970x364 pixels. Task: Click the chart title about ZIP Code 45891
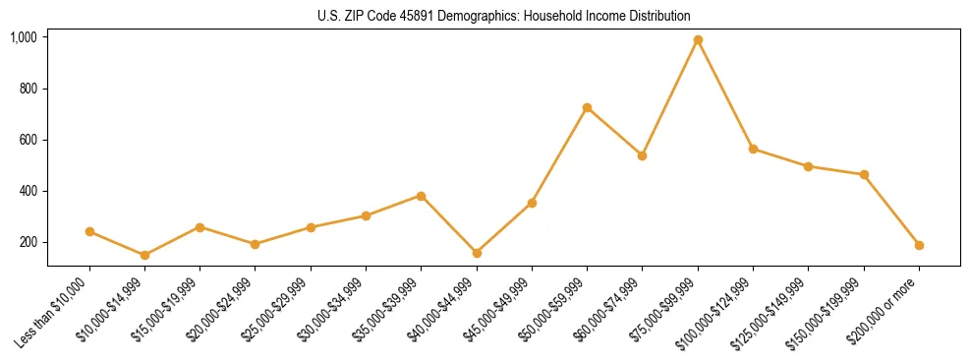pyautogui.click(x=503, y=16)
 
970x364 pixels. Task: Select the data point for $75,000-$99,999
pyautogui.click(x=698, y=40)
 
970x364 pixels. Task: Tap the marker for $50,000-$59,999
pyautogui.click(x=587, y=107)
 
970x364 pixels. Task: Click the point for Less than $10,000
pyautogui.click(x=89, y=232)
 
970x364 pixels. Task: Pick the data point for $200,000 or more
pyautogui.click(x=919, y=245)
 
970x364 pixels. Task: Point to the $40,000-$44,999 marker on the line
pyautogui.click(x=477, y=253)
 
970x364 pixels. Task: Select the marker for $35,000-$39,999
pyautogui.click(x=421, y=196)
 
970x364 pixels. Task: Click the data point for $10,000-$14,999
pyautogui.click(x=144, y=255)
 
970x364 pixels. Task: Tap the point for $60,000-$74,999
pyautogui.click(x=642, y=155)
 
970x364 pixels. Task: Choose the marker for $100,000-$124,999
pyautogui.click(x=753, y=149)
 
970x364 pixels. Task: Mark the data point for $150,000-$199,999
pyautogui.click(x=864, y=175)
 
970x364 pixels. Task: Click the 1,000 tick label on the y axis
pyautogui.click(x=24, y=37)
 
